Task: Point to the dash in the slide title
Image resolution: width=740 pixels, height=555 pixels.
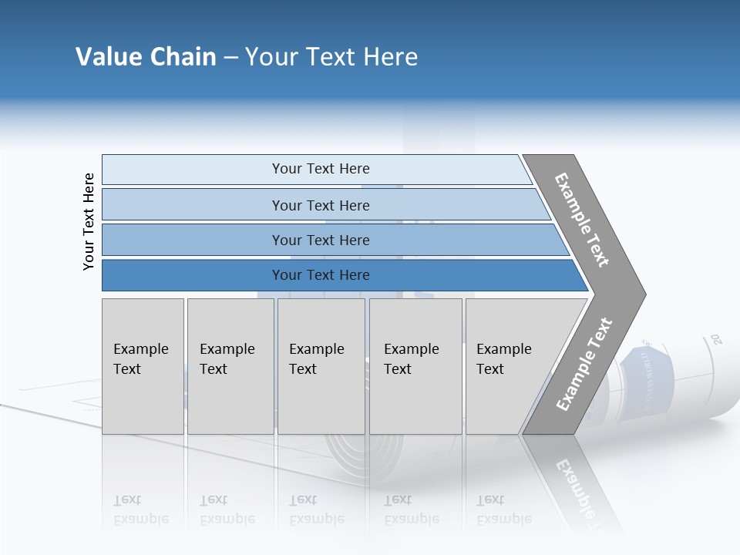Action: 230,58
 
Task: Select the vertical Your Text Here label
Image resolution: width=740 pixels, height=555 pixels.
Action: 89,221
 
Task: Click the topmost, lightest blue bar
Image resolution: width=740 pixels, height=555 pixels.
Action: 320,169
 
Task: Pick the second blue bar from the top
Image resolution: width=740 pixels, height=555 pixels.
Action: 320,205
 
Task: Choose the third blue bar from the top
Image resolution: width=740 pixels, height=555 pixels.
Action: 320,240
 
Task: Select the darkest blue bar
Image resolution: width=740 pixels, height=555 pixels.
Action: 320,275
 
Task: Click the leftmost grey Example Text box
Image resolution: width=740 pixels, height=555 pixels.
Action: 143,366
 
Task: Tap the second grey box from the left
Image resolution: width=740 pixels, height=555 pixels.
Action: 230,366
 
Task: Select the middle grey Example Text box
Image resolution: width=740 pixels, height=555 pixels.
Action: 321,366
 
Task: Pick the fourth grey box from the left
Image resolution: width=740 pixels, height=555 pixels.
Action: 415,366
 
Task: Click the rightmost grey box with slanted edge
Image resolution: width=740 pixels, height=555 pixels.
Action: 509,366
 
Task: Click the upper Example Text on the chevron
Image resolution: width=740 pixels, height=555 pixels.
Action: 582,220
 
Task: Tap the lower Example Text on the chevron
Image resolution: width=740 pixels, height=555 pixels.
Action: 584,365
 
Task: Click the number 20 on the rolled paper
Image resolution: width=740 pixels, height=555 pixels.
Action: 716,338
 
